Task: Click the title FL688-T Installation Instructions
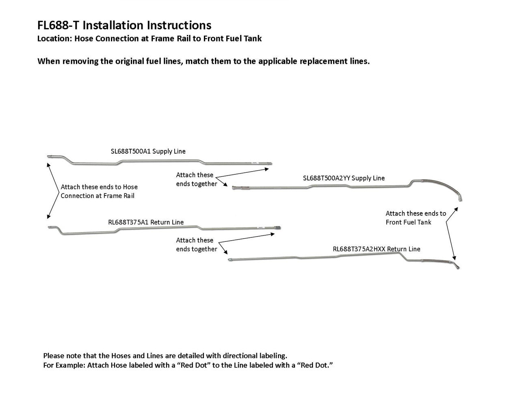pos(124,25)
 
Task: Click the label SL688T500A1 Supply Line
pos(148,151)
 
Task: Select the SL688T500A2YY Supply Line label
pos(344,178)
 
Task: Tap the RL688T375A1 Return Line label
pos(145,222)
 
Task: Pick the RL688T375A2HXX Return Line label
pos(376,249)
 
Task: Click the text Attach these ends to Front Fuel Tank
pos(415,218)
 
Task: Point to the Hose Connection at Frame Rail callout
pos(99,191)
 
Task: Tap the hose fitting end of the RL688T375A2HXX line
pos(457,267)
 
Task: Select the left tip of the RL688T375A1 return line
pos(49,227)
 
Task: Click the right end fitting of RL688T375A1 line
pos(278,228)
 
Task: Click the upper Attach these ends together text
pos(196,179)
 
